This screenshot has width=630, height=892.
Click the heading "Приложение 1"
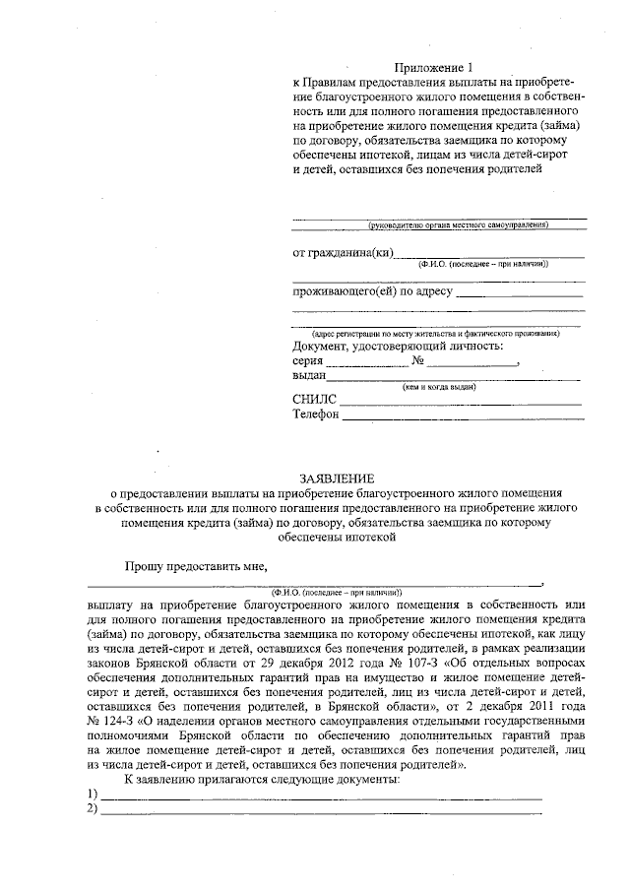(427, 67)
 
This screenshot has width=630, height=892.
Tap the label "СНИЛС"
(314, 400)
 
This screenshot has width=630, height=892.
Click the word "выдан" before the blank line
(309, 375)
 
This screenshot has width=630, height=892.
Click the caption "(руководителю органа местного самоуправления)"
(457, 225)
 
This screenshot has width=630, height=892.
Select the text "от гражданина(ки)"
(344, 253)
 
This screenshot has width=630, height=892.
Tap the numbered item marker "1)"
(92, 794)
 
